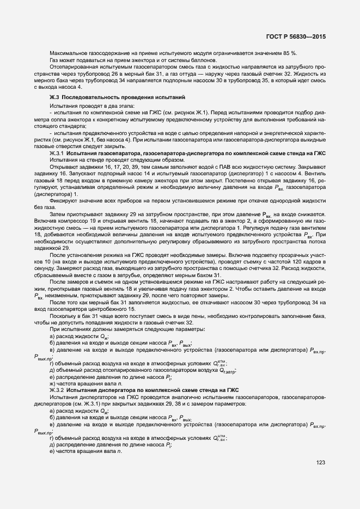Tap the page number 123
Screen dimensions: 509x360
tap(320, 463)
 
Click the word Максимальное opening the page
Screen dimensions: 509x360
tap(68, 53)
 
